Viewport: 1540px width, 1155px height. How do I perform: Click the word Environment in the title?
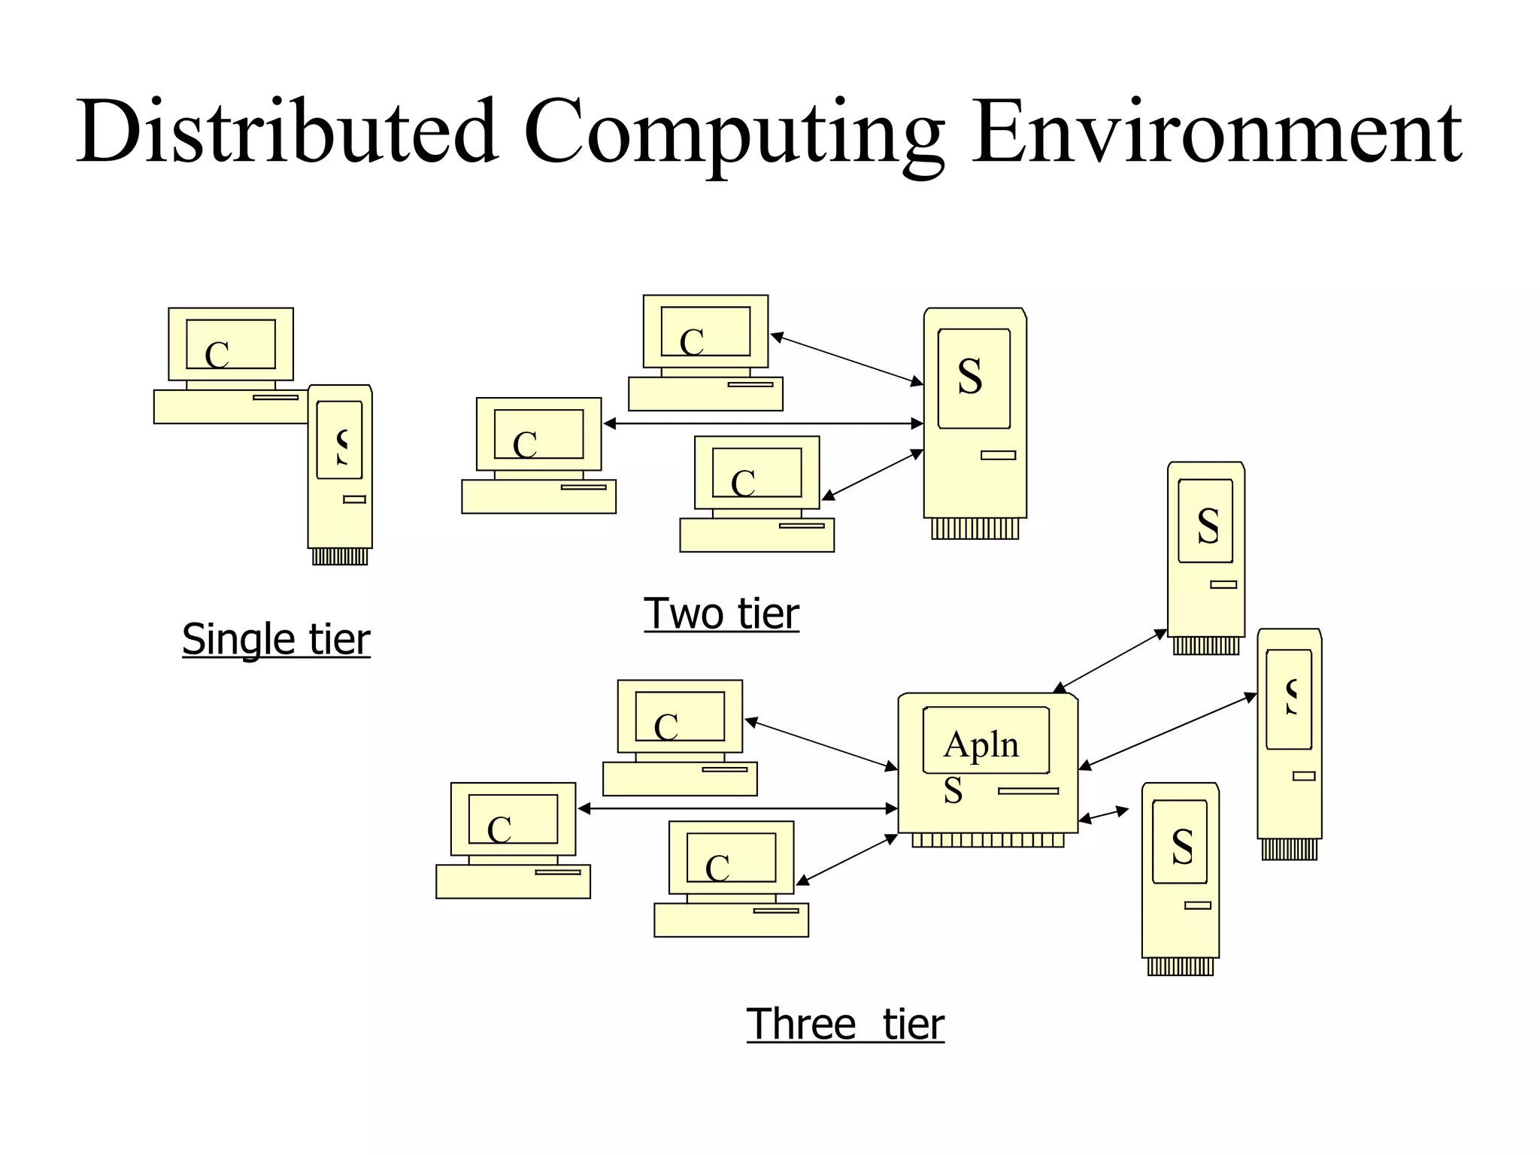coord(1216,132)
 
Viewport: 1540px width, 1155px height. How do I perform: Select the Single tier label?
coord(276,639)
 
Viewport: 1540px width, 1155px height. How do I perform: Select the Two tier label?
coord(721,614)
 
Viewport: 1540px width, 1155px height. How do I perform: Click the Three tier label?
coord(844,1024)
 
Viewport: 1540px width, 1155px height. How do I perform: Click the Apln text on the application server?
coord(981,745)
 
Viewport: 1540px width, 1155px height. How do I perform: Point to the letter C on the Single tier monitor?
coord(217,355)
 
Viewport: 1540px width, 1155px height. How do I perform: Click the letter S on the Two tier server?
coord(970,377)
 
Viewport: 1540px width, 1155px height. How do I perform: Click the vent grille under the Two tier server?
coord(975,529)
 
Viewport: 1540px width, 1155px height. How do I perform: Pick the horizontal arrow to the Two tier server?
coord(763,423)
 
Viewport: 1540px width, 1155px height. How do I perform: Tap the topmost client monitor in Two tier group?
coord(705,332)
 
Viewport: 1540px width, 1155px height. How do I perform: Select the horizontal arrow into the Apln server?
coord(737,808)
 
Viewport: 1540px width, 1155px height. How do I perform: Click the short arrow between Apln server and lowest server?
coord(1104,815)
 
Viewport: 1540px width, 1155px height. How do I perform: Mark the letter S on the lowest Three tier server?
coord(1182,847)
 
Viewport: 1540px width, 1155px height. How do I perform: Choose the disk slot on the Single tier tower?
coord(354,499)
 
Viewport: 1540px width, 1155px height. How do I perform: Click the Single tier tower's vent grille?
coord(340,556)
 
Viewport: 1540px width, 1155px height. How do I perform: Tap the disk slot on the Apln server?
coord(1028,791)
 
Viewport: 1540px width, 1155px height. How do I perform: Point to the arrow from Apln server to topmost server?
coord(1110,661)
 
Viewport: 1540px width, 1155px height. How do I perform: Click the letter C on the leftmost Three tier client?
coord(499,830)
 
